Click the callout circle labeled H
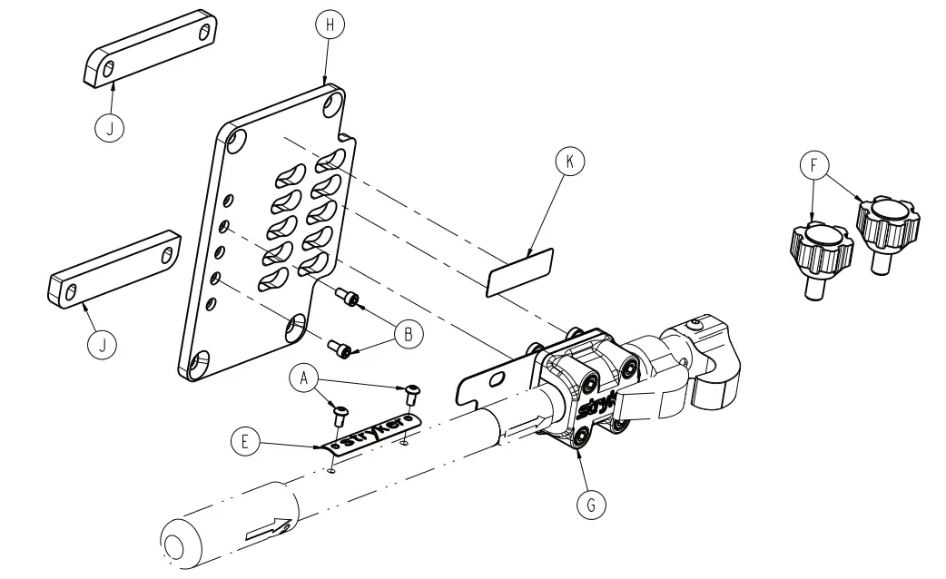click(x=330, y=26)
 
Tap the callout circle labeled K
click(x=570, y=162)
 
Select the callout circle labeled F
click(x=813, y=166)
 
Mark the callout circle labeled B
click(x=409, y=334)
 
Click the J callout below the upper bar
click(x=110, y=128)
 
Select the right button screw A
click(x=413, y=391)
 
